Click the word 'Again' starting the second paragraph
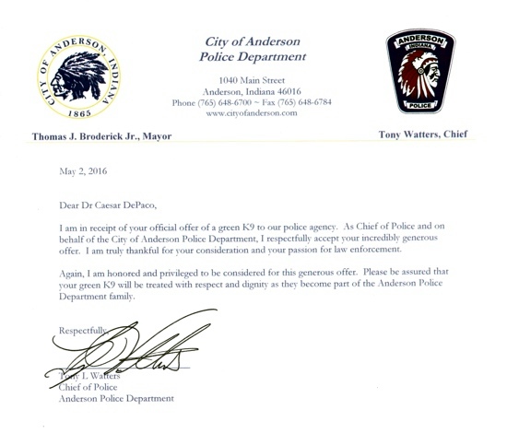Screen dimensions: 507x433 [x=73, y=273]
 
